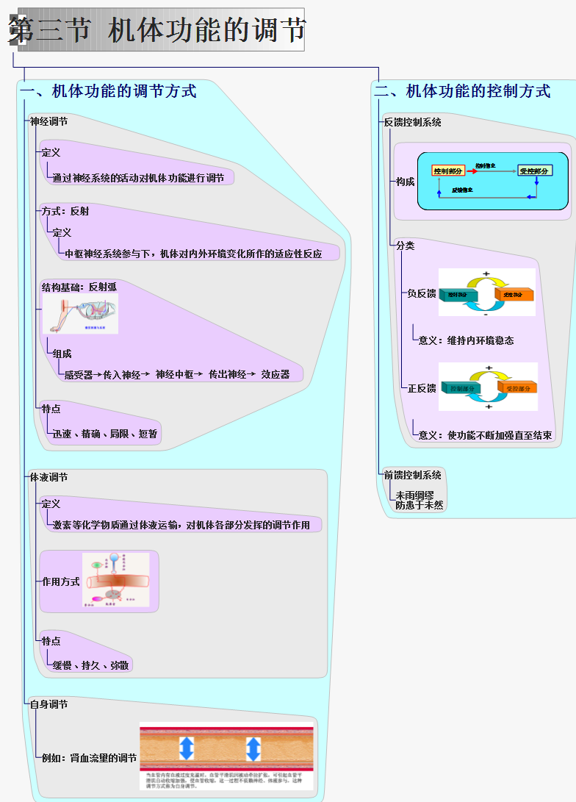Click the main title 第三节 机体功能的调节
[x=157, y=30]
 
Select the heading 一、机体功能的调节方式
[x=109, y=91]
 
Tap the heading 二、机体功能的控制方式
[x=463, y=91]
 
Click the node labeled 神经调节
[x=49, y=122]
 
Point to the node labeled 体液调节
[x=49, y=478]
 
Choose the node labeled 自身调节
[x=49, y=705]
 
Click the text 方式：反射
[x=65, y=211]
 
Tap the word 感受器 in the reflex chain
[x=79, y=375]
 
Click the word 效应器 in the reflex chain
[x=276, y=375]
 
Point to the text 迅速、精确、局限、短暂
[x=105, y=434]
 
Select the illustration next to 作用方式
[x=116, y=580]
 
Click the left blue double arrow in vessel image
[x=187, y=748]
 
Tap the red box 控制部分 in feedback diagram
[x=448, y=171]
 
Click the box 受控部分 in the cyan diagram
[x=534, y=171]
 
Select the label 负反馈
[x=422, y=294]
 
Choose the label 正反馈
[x=422, y=388]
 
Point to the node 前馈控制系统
[x=413, y=476]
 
